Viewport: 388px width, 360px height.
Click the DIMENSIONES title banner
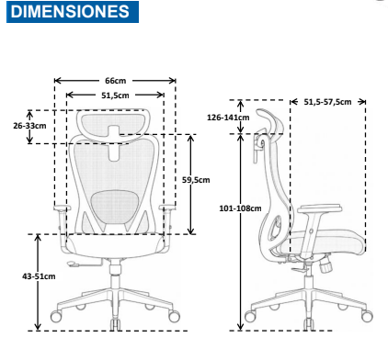click(73, 12)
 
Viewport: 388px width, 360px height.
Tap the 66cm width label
click(116, 81)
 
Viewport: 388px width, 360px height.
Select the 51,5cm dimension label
click(115, 96)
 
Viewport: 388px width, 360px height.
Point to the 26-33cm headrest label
click(29, 126)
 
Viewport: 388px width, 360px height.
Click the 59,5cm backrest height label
click(196, 180)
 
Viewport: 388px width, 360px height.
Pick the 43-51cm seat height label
click(39, 276)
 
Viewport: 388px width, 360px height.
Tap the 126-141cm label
click(228, 118)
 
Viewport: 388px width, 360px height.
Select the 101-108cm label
click(240, 208)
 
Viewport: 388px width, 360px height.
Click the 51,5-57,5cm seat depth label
click(327, 102)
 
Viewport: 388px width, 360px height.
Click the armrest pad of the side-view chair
click(319, 208)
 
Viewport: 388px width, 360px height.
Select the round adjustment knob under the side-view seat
click(325, 265)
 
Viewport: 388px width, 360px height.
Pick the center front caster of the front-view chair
click(115, 324)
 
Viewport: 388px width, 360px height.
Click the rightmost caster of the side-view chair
click(367, 316)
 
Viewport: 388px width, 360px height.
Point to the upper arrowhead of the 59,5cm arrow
click(191, 139)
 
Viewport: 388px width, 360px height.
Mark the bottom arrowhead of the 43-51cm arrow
click(38, 326)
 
